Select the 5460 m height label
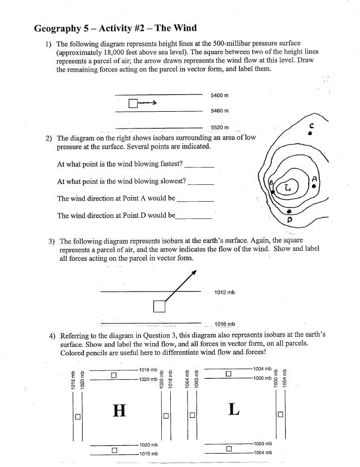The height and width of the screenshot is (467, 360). click(x=220, y=111)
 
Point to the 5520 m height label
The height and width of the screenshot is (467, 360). click(x=220, y=128)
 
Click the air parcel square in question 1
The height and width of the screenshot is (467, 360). click(x=132, y=103)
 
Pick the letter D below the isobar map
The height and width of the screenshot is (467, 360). click(x=290, y=220)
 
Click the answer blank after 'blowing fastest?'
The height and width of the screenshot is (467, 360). click(x=199, y=166)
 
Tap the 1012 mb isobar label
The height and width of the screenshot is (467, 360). click(x=224, y=292)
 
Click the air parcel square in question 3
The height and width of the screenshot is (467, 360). click(x=160, y=306)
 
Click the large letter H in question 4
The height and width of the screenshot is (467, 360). click(x=119, y=411)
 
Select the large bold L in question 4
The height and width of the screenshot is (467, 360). click(x=234, y=409)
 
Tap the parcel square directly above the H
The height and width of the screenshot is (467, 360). click(x=114, y=375)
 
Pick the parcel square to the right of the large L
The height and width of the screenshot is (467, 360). click(x=280, y=414)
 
